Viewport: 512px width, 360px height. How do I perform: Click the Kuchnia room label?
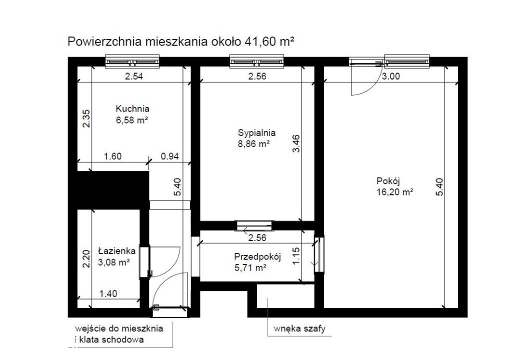pos(132,109)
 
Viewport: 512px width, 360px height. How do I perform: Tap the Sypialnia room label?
pos(256,133)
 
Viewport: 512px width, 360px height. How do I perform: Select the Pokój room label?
pos(388,181)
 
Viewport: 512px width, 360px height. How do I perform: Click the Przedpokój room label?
pos(257,257)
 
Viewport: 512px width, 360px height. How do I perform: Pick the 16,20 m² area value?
pos(395,192)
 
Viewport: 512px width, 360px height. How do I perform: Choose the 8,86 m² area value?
pos(253,143)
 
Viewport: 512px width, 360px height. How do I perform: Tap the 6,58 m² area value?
pos(132,120)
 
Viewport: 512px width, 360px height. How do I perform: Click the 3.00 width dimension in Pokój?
pos(391,76)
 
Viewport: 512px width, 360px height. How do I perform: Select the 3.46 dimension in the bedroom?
pos(296,143)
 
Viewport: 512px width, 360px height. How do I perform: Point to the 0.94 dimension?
pos(170,156)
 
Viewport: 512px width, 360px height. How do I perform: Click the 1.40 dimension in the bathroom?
pos(108,294)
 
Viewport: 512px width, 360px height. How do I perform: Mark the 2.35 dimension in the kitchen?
pos(86,118)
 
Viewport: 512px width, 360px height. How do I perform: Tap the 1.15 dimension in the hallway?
pos(296,256)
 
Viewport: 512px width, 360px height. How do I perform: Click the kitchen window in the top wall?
pos(132,61)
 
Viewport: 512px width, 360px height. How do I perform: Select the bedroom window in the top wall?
pos(256,61)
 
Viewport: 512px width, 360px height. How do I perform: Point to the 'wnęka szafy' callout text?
pos(299,328)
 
